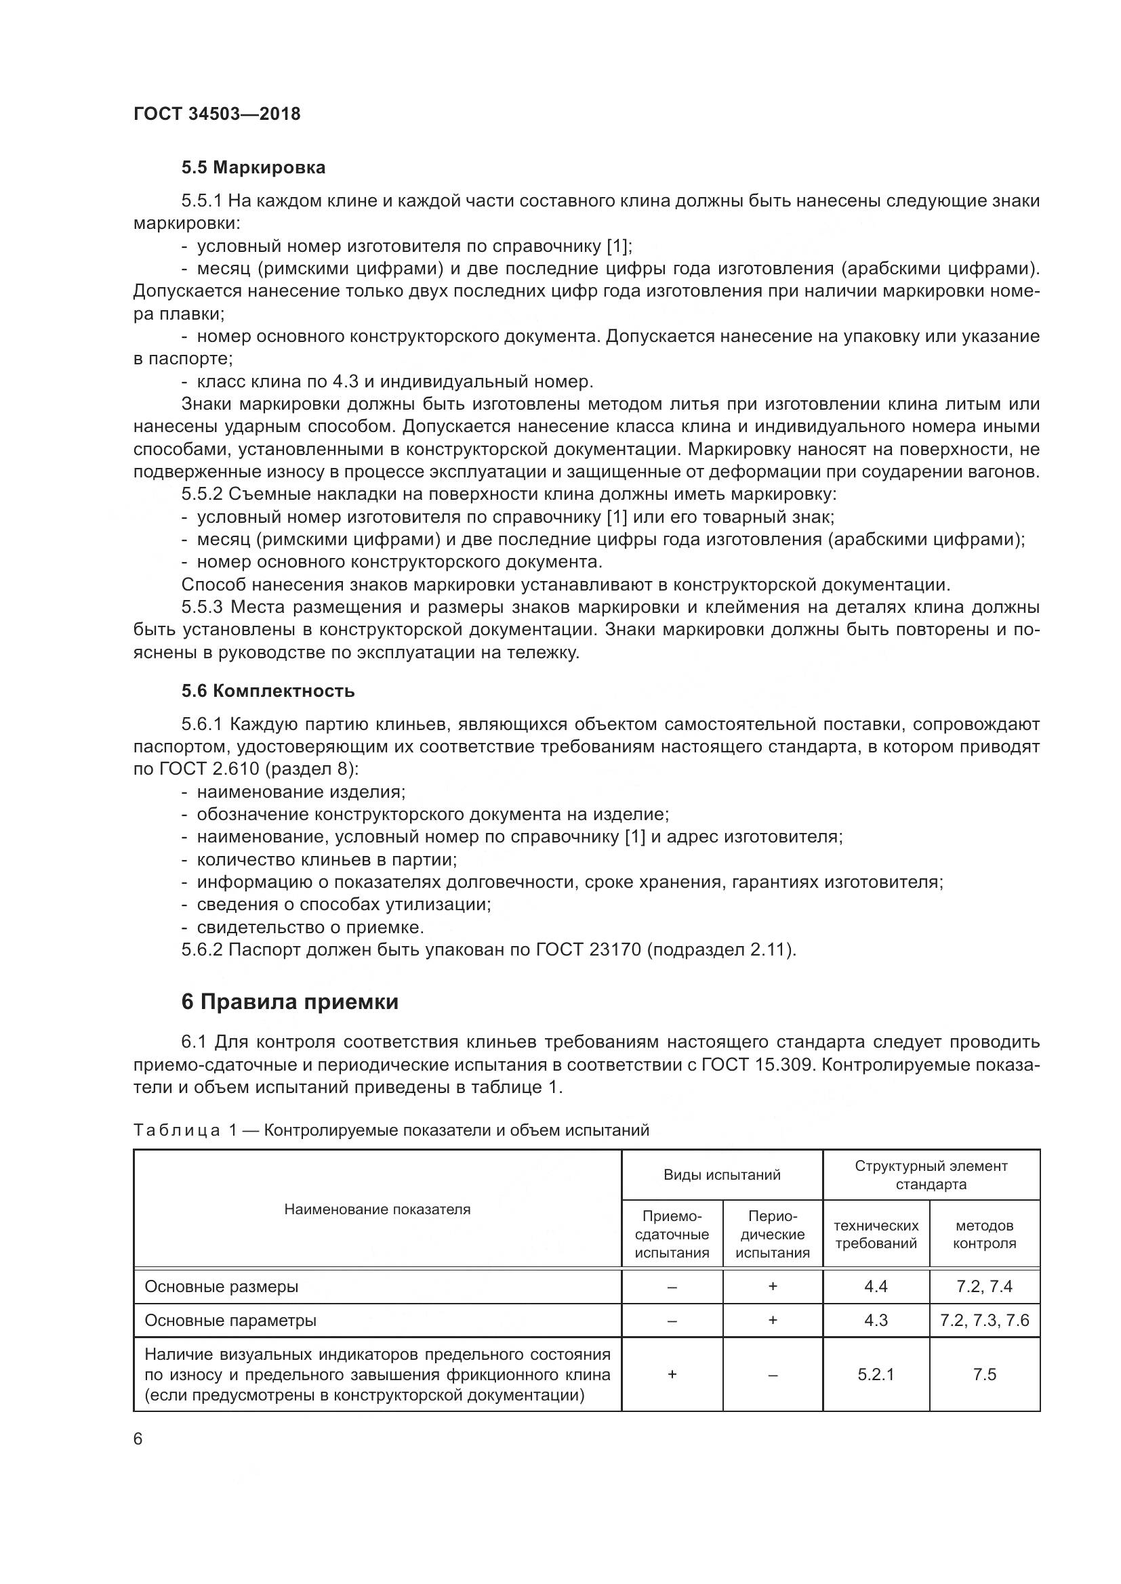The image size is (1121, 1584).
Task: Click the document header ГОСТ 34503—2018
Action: (x=217, y=114)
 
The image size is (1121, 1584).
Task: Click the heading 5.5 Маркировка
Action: (x=253, y=168)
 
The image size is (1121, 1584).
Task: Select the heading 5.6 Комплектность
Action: (x=268, y=691)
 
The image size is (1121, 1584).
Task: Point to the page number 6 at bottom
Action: (x=138, y=1439)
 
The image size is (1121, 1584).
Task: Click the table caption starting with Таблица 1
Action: (x=390, y=1130)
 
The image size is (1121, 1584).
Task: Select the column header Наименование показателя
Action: (x=377, y=1210)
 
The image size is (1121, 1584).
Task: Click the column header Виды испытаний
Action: (x=721, y=1175)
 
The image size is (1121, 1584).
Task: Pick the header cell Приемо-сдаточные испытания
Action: (x=672, y=1235)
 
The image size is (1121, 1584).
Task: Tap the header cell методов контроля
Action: (x=984, y=1235)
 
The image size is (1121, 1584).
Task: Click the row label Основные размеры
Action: (x=222, y=1287)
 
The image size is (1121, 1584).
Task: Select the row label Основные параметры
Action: (x=230, y=1321)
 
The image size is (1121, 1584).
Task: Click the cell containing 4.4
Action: (x=875, y=1287)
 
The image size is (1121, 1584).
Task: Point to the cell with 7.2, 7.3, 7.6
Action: (x=984, y=1321)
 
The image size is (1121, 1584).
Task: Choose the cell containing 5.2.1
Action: (x=875, y=1374)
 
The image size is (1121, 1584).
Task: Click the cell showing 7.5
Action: (x=984, y=1374)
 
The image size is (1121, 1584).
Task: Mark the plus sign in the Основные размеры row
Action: (x=773, y=1287)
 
